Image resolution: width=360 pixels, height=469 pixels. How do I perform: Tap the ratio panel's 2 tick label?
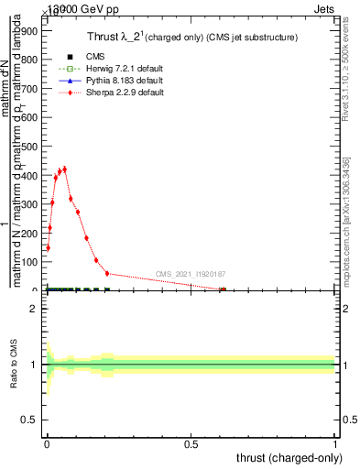(x=32, y=309)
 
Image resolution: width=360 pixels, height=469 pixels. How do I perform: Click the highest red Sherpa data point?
(x=64, y=169)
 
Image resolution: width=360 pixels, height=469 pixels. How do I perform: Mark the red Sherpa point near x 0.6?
(x=223, y=289)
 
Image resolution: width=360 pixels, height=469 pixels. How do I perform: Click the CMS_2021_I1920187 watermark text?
(x=191, y=274)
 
